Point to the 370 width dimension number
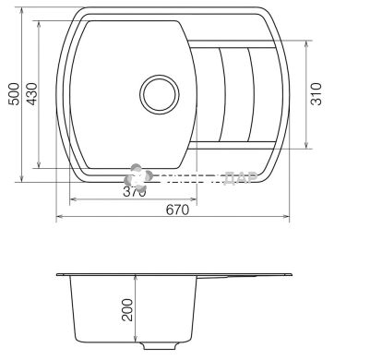coord(135,192)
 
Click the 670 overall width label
coord(177,210)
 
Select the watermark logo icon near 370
coord(137,176)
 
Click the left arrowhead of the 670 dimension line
coord(60,218)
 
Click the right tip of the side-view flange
coord(293,275)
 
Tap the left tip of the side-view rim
coord(57,275)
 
